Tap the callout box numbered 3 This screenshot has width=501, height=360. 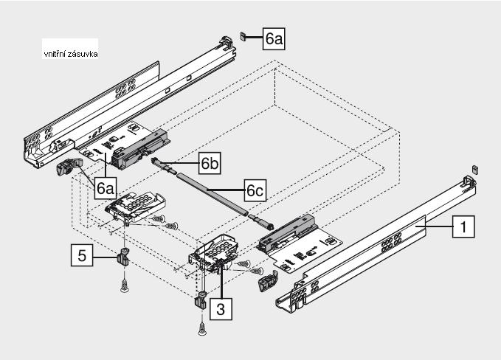tap(219, 308)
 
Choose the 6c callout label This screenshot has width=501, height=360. tap(255, 190)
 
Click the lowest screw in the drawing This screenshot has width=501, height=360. tap(201, 330)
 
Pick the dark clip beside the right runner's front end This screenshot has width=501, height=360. tap(266, 281)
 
